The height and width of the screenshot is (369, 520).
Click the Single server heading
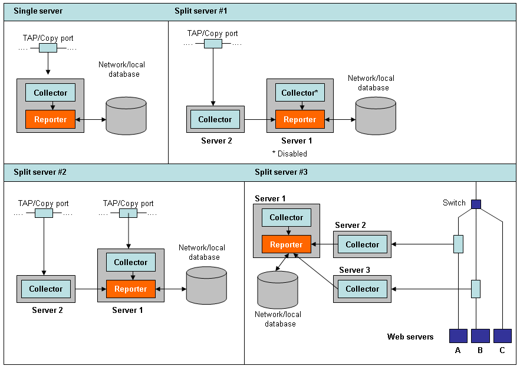(x=38, y=11)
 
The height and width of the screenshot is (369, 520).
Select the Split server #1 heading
(x=200, y=11)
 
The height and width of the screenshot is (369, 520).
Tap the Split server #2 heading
(x=40, y=172)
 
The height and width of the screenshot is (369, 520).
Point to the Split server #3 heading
(x=281, y=172)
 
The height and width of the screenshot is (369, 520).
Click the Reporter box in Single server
(x=50, y=119)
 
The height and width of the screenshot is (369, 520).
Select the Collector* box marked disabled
(x=300, y=93)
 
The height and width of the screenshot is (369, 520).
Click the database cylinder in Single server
(x=126, y=116)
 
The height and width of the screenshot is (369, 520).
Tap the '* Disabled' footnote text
(x=289, y=154)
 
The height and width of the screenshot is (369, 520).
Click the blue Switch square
(x=476, y=204)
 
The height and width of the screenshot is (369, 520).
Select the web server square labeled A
(x=458, y=336)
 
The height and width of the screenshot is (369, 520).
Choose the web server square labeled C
(x=502, y=336)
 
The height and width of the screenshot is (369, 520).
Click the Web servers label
(x=410, y=337)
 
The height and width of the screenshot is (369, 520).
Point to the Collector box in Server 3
(x=362, y=289)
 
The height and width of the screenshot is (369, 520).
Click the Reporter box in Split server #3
(x=286, y=244)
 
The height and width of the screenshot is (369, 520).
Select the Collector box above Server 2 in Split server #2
(x=45, y=289)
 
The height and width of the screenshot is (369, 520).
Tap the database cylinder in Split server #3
(x=278, y=290)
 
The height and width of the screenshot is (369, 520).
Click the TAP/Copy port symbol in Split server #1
(x=213, y=44)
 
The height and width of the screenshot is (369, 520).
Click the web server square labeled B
(x=480, y=336)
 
